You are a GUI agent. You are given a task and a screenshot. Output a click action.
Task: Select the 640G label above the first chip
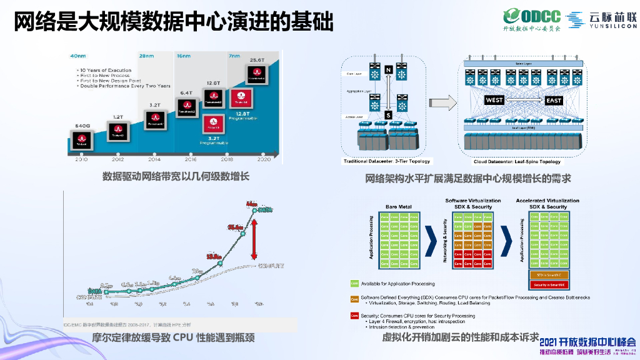(x=82, y=126)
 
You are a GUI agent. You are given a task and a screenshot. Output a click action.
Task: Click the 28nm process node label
(x=147, y=56)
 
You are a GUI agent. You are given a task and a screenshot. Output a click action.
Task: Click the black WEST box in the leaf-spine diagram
(x=494, y=100)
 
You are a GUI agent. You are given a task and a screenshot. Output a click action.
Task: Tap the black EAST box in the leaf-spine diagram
(x=554, y=100)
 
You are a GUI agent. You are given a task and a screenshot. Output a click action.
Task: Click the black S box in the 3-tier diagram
(x=388, y=115)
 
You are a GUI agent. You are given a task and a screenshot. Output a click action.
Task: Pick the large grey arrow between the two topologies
(x=440, y=104)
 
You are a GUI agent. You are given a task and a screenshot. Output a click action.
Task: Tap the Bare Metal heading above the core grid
(x=399, y=206)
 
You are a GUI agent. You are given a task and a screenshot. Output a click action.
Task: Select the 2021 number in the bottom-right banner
(x=552, y=342)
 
